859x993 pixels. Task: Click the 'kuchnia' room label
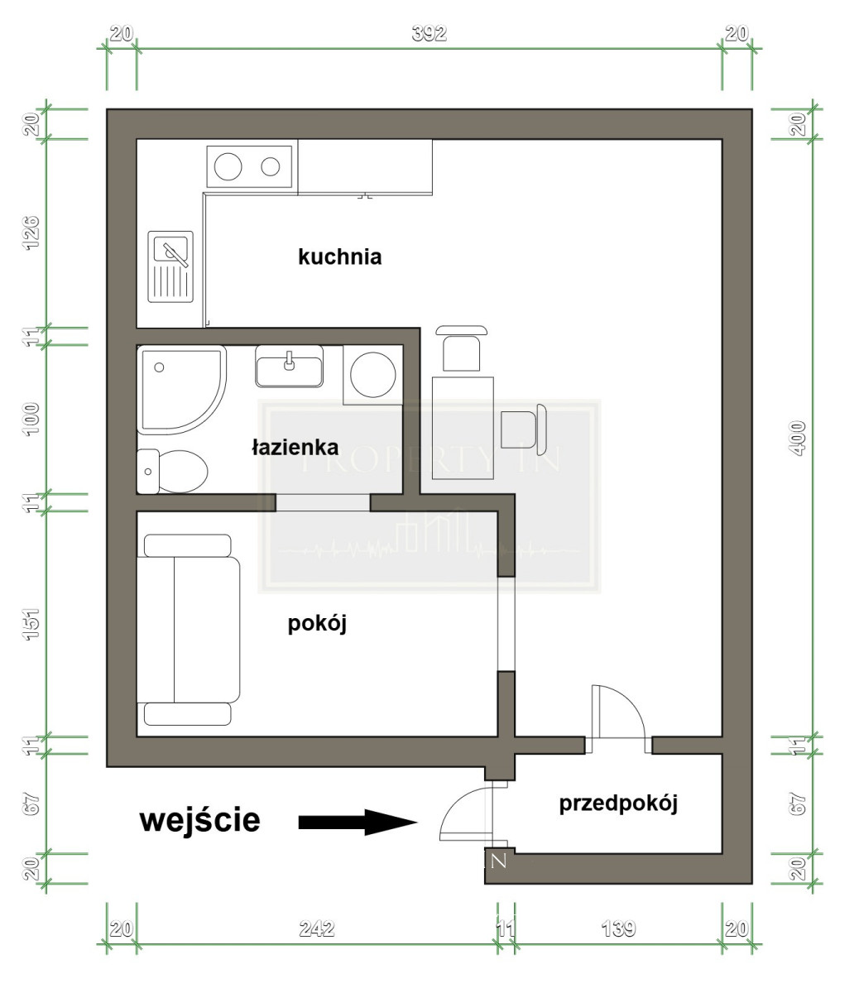[339, 257]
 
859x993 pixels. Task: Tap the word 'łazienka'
[295, 448]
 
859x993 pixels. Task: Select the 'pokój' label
[317, 625]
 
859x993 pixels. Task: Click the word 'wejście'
[200, 820]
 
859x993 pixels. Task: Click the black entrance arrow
[358, 822]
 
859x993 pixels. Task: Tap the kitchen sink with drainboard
[170, 266]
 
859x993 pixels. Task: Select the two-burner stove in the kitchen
[249, 166]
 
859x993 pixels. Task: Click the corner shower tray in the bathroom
[181, 390]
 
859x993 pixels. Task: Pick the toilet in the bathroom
[172, 472]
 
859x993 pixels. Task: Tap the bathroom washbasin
[289, 366]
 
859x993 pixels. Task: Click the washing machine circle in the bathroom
[373, 375]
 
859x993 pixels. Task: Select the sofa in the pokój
[189, 630]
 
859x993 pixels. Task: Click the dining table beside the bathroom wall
[463, 428]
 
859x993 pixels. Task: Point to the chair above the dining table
[462, 348]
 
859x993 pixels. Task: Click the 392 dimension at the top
[429, 34]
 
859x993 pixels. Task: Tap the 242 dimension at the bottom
[317, 929]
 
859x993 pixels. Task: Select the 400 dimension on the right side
[798, 438]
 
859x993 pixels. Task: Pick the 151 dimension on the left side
[31, 624]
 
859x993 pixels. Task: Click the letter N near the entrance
[499, 861]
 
